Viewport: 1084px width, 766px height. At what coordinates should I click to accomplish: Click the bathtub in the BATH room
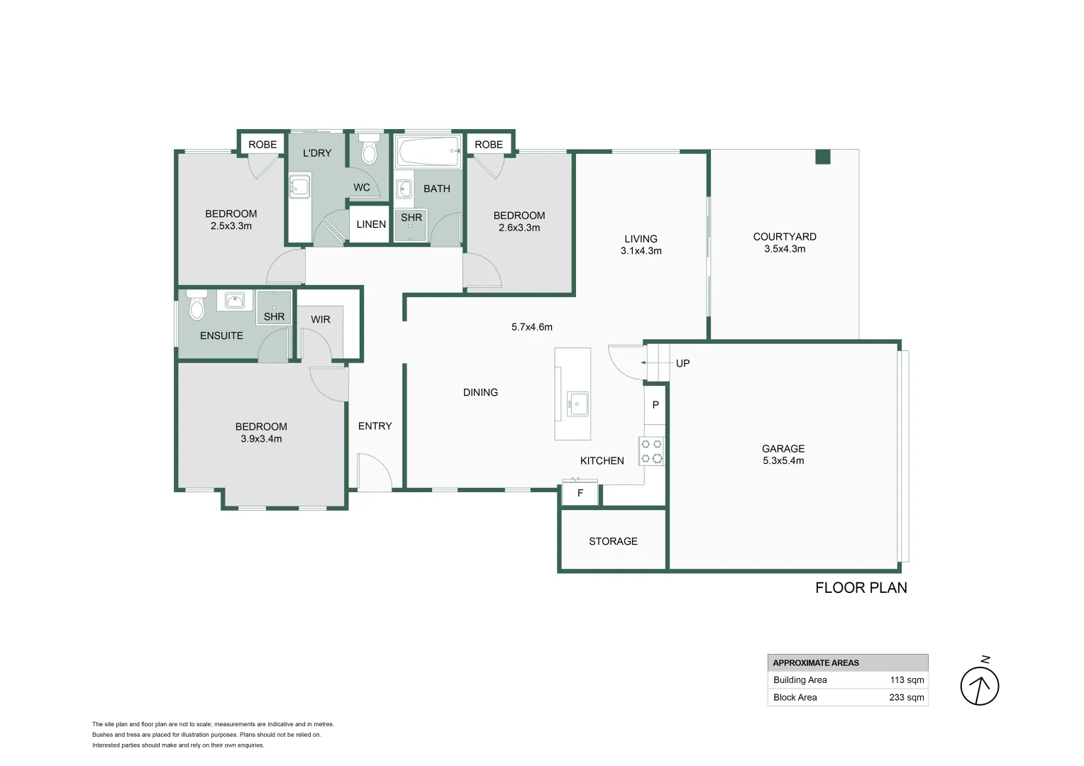coord(428,151)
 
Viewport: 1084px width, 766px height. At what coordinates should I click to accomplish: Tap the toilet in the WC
coord(369,148)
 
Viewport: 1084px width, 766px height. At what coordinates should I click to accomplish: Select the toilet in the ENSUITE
coord(197,305)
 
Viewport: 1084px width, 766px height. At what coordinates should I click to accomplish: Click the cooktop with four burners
coord(651,451)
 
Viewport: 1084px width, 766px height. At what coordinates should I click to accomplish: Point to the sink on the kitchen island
coord(577,404)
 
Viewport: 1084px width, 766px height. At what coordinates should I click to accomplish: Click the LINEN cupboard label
coord(371,224)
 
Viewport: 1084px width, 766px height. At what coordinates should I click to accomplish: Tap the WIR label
coord(321,319)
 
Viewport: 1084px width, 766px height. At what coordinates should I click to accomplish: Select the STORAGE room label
coord(613,541)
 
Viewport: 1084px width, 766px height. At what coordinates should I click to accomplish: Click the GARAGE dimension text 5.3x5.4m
coord(783,461)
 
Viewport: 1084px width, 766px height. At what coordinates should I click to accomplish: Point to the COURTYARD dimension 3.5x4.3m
coord(785,249)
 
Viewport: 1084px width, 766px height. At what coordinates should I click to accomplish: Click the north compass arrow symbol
coord(980,686)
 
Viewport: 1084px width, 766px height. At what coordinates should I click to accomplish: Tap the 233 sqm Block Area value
coord(907,697)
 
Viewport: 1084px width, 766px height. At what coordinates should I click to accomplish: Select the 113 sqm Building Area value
coord(907,680)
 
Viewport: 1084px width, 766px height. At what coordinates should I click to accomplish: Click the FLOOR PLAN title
coord(861,588)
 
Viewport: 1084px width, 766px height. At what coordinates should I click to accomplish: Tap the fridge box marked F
coord(580,494)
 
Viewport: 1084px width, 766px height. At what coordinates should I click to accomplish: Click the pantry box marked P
coord(656,405)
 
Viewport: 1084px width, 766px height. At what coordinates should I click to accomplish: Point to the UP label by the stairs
coord(682,363)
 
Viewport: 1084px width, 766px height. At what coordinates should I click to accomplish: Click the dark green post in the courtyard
coord(823,157)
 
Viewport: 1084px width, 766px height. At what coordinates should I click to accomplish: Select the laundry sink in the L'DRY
coord(299,187)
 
